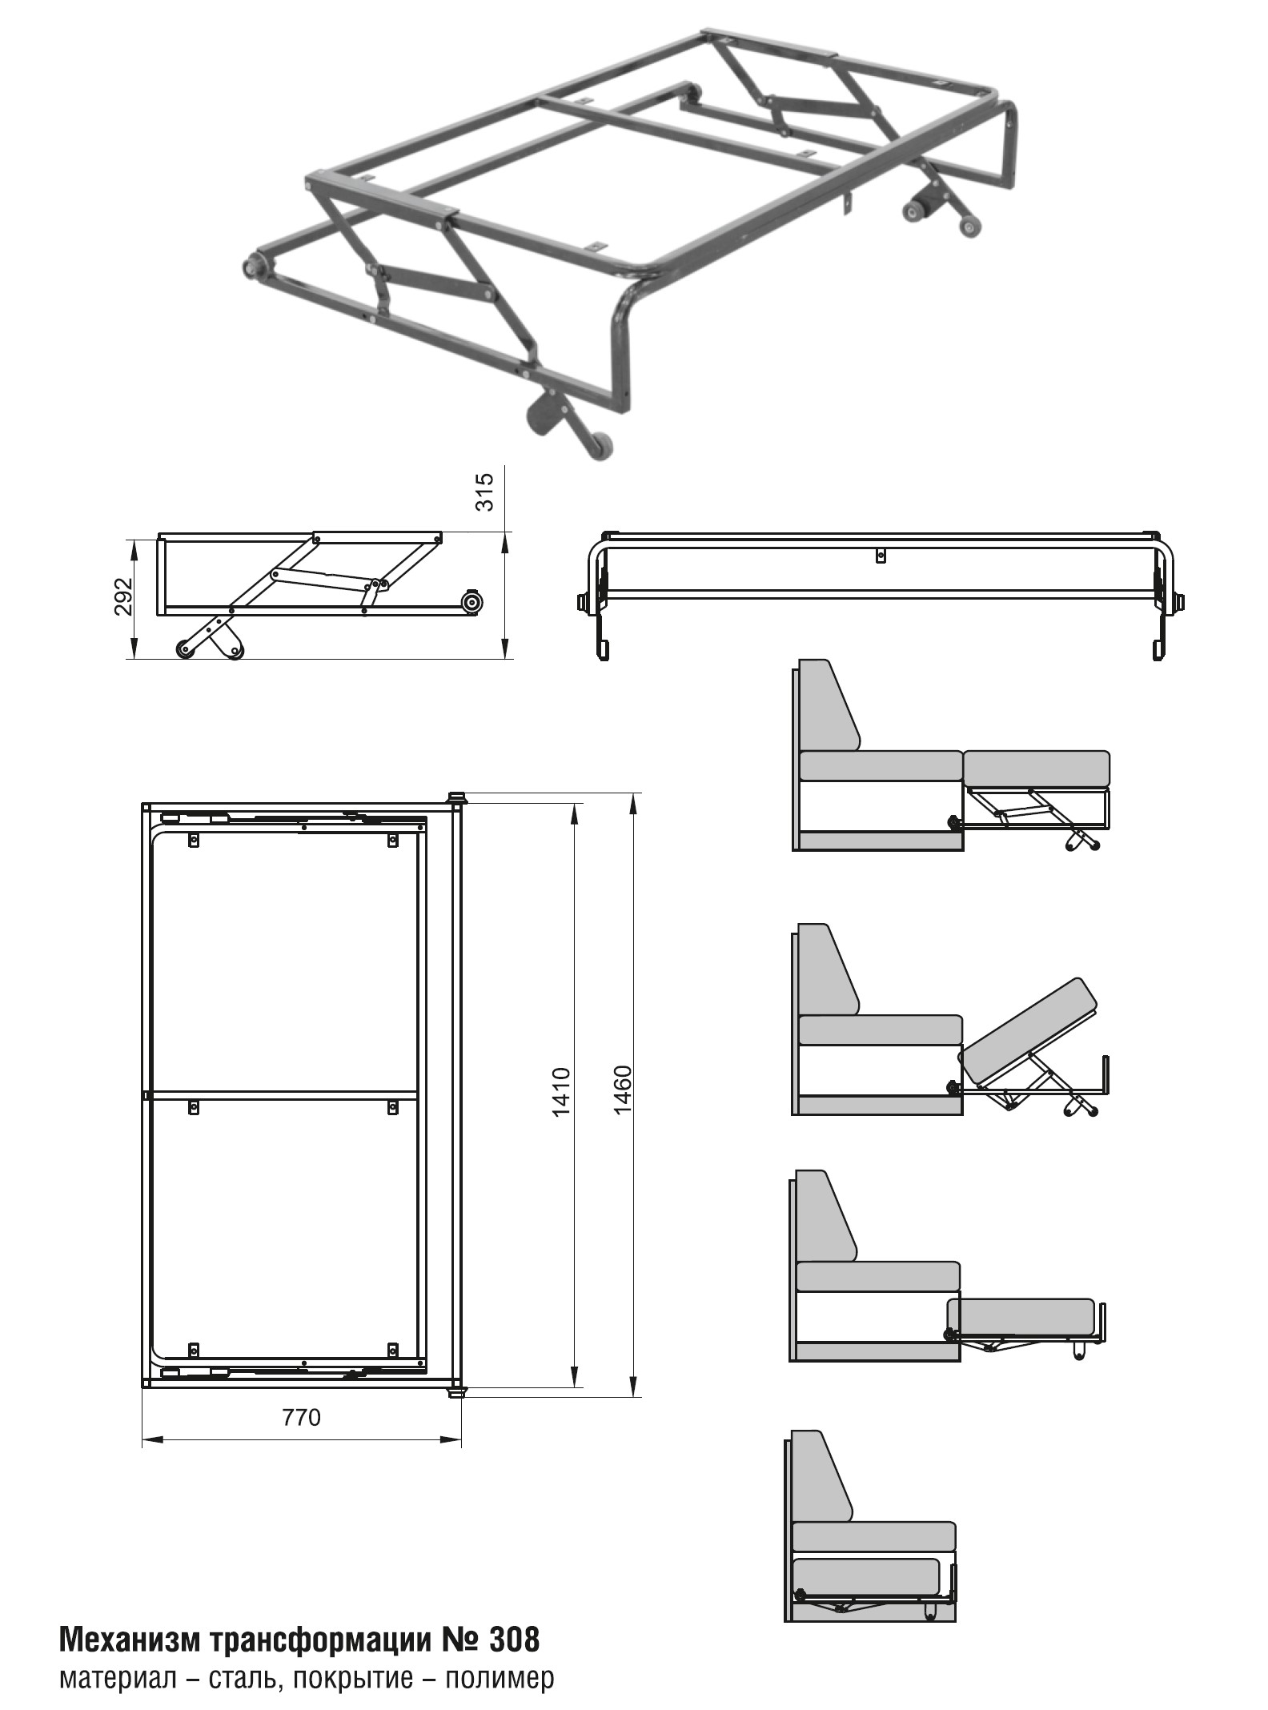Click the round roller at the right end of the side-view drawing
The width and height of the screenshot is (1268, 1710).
pyautogui.click(x=471, y=603)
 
